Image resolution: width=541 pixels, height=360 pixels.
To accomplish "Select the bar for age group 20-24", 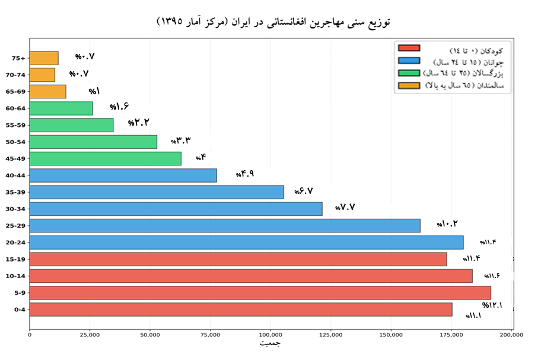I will point(246,242).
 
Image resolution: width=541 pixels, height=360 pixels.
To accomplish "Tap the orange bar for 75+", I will point(44,58).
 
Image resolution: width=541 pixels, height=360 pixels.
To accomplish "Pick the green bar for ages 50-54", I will point(93,142).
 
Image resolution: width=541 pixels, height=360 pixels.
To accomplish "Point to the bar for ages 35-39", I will point(157,192).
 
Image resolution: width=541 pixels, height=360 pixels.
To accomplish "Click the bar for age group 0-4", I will point(241,310).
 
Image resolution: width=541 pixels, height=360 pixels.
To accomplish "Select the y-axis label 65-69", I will point(15,92).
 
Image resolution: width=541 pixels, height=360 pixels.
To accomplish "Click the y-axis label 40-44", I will point(15,176).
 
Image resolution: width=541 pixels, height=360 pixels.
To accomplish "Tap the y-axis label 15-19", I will point(15,259).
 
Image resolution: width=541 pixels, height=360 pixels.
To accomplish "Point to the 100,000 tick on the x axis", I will point(270,335).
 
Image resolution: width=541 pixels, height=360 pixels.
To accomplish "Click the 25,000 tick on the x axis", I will point(90,335).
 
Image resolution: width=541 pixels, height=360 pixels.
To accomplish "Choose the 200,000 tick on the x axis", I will point(511,335).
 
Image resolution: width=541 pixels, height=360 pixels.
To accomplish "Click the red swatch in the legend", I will point(409,48).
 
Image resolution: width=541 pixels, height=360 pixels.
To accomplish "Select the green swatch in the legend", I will point(409,73).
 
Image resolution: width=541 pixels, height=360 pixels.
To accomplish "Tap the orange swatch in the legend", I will point(409,85).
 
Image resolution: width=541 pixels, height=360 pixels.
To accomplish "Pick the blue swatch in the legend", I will point(409,60).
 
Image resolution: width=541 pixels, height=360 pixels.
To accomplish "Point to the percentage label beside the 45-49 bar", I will point(201,158).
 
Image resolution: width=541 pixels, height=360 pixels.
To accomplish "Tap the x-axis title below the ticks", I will point(270,343).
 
